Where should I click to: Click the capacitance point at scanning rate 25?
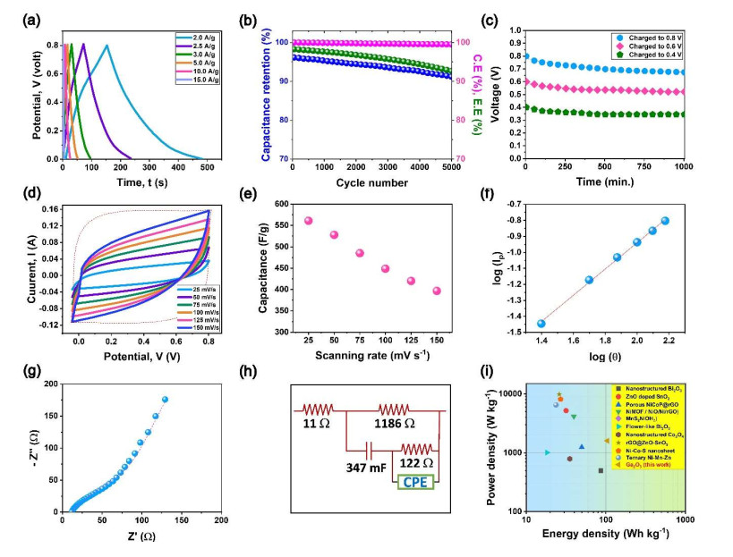click(308, 221)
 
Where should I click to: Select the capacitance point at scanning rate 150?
click(437, 291)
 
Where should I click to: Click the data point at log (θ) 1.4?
click(541, 324)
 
